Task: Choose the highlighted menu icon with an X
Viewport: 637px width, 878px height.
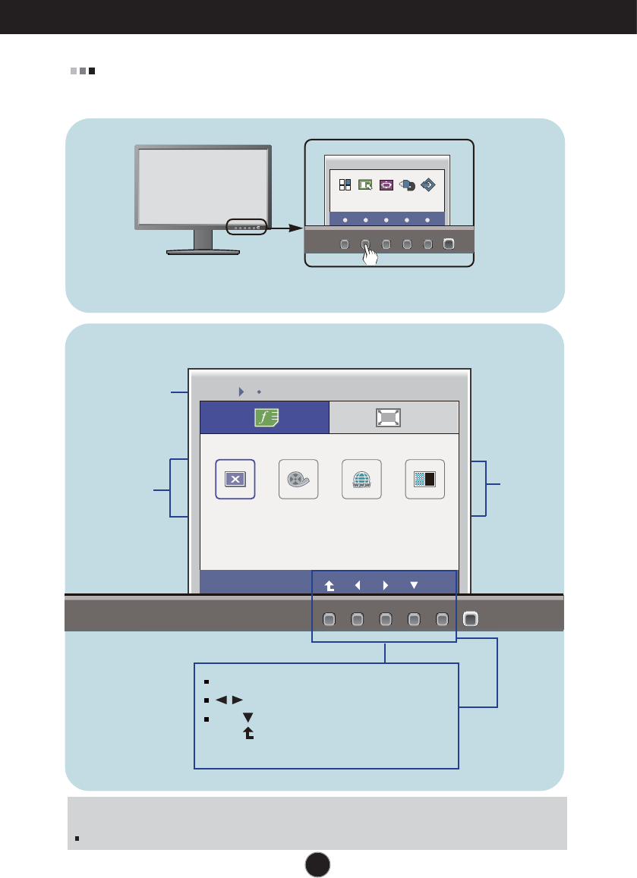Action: point(235,479)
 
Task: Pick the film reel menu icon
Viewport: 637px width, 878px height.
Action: point(298,479)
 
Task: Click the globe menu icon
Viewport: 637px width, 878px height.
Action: point(362,479)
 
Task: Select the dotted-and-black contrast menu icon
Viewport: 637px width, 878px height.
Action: point(425,479)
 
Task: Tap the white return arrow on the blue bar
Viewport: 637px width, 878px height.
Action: point(328,585)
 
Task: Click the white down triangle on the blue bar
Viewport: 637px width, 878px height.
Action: point(414,585)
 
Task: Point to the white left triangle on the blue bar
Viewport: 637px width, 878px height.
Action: point(357,585)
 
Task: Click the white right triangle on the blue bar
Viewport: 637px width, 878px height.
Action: point(386,585)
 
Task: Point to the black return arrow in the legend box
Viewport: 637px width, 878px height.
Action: point(248,735)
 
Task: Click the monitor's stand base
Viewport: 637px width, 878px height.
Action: point(203,251)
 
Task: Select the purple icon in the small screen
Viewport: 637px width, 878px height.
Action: point(386,184)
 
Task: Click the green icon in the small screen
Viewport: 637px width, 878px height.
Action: point(365,184)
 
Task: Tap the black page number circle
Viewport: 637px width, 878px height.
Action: point(318,863)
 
